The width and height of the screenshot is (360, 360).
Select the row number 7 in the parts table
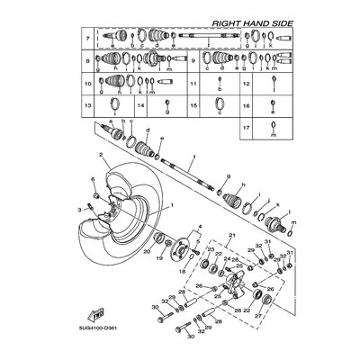pos(87,40)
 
